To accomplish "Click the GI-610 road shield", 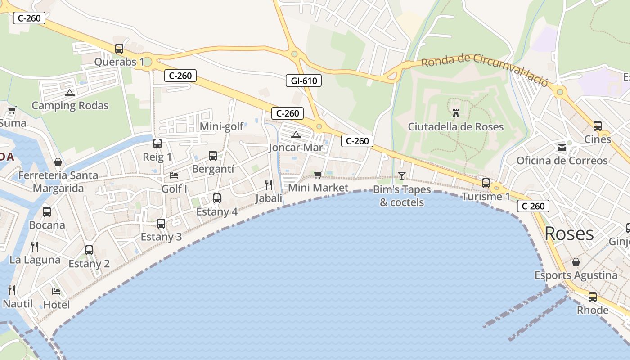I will (304, 81).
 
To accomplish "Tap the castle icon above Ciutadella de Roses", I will (456, 113).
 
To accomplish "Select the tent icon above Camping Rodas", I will (69, 93).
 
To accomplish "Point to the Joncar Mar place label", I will (296, 148).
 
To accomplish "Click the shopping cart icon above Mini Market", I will (318, 175).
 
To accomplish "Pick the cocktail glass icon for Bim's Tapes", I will (402, 175).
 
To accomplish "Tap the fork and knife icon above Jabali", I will (269, 184).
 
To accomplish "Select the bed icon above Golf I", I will (174, 175).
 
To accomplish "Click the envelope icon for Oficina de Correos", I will (562, 147).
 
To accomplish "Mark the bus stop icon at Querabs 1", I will (119, 48).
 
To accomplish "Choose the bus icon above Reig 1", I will (157, 144).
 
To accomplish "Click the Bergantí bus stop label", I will (213, 169).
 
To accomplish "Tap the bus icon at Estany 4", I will (216, 198).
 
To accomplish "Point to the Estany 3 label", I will (161, 237).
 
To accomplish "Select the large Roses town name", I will (569, 234).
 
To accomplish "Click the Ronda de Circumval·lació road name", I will (485, 70).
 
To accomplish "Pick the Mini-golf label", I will (221, 126).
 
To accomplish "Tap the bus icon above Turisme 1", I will (486, 183).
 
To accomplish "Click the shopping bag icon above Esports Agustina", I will (576, 262).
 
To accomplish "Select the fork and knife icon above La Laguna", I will (35, 246).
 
